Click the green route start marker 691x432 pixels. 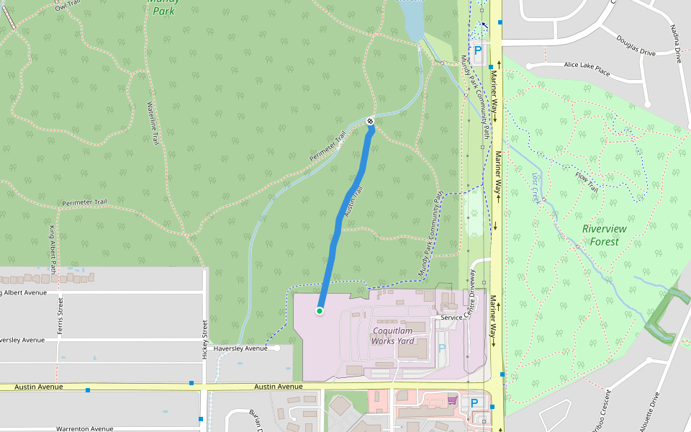pyautogui.click(x=319, y=311)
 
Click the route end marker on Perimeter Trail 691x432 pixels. pyautogui.click(x=370, y=121)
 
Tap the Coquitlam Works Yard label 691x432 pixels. pyautogui.click(x=394, y=336)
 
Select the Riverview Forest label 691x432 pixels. pyautogui.click(x=605, y=235)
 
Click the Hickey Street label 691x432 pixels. pyautogui.click(x=205, y=338)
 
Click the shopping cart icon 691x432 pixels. pyautogui.click(x=452, y=400)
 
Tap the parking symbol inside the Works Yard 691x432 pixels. pyautogui.click(x=442, y=348)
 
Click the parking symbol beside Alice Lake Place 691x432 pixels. pyautogui.click(x=477, y=51)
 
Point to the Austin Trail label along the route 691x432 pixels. pyautogui.click(x=352, y=202)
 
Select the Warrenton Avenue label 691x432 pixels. pyautogui.click(x=85, y=428)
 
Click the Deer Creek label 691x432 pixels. pyautogui.click(x=536, y=188)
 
